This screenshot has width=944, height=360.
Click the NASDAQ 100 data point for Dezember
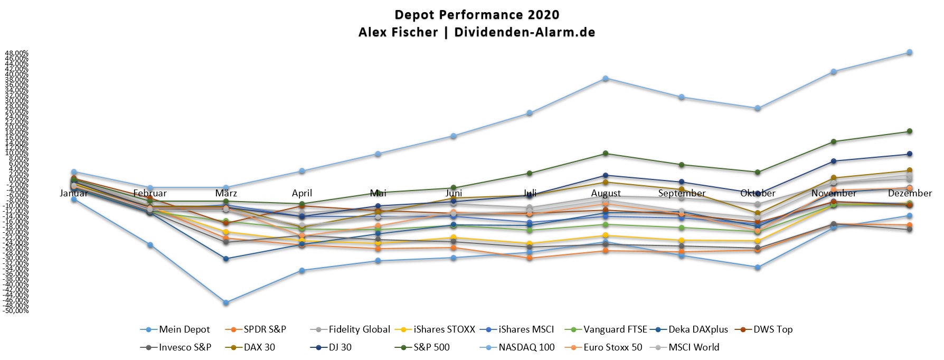coord(910,52)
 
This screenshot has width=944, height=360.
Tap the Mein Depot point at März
coord(226,302)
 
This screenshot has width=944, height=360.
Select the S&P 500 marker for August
coord(606,154)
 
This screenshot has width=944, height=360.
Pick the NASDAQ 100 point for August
coord(606,79)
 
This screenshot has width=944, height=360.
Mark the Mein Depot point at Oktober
coord(758,268)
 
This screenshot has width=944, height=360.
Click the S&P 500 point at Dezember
coord(910,131)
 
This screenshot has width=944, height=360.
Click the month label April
coord(302,193)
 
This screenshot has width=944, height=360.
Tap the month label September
coord(682,193)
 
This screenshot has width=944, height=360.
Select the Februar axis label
coord(150,193)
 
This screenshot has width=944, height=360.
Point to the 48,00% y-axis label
coord(17,53)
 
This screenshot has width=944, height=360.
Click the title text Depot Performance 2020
coord(477,15)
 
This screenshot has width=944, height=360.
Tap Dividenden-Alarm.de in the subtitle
coord(524,32)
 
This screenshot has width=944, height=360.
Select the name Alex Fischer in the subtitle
coord(398,32)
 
